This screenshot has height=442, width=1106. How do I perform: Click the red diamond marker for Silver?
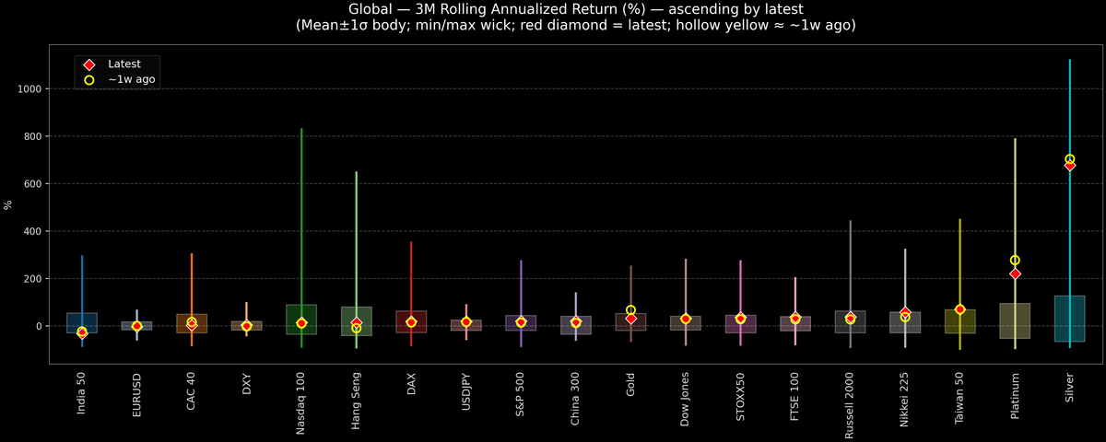(x=1069, y=166)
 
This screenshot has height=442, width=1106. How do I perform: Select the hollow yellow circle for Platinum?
(x=1015, y=261)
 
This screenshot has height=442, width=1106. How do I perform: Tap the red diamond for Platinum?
(x=1015, y=274)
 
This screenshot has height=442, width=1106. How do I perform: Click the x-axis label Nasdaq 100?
(x=301, y=402)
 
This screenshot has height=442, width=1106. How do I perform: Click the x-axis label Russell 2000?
(x=851, y=404)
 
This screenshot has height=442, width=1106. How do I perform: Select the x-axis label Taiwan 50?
(x=960, y=399)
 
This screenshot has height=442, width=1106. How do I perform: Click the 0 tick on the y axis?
(x=39, y=326)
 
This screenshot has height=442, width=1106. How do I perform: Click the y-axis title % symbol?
(x=9, y=204)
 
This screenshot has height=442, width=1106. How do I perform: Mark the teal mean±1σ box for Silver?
(x=1069, y=319)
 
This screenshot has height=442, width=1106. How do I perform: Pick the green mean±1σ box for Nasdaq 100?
(x=301, y=320)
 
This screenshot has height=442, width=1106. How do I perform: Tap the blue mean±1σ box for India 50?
(x=82, y=321)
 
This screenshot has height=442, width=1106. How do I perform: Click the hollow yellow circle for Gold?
(x=630, y=310)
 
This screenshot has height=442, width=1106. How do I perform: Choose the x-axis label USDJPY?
(x=466, y=397)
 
